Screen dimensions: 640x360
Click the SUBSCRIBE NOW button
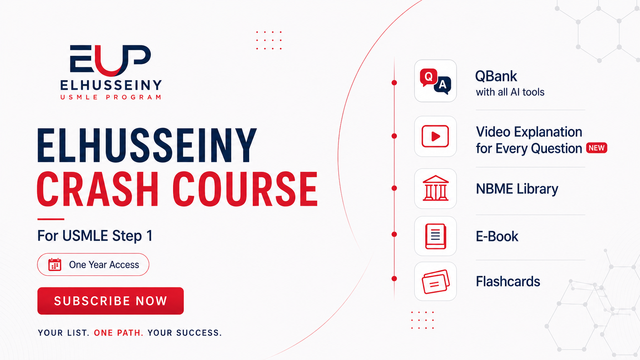[x=110, y=301]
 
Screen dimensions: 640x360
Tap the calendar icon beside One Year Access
[x=55, y=265]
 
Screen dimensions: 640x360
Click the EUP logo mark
[x=110, y=60]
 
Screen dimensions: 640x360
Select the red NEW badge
[x=597, y=148]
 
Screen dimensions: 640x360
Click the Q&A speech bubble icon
[x=436, y=81]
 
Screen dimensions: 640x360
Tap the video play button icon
[x=435, y=136]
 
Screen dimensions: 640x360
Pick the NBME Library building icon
[x=436, y=188]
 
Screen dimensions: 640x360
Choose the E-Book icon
[x=436, y=236]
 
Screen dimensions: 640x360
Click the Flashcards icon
[x=436, y=282]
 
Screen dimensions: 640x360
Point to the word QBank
[x=496, y=76]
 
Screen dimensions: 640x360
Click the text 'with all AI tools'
[x=510, y=92]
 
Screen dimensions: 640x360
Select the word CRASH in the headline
[x=98, y=189]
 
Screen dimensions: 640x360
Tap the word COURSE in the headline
[x=245, y=189]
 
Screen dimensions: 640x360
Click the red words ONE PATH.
[x=119, y=333]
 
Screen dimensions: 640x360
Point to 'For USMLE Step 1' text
[x=95, y=236]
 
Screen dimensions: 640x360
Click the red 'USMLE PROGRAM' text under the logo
[x=111, y=97]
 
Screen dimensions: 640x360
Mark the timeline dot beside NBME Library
[x=394, y=188]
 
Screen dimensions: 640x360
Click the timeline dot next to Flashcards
[x=394, y=279]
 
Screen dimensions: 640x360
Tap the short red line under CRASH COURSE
[x=51, y=219]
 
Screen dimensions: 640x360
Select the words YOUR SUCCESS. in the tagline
[x=184, y=333]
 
